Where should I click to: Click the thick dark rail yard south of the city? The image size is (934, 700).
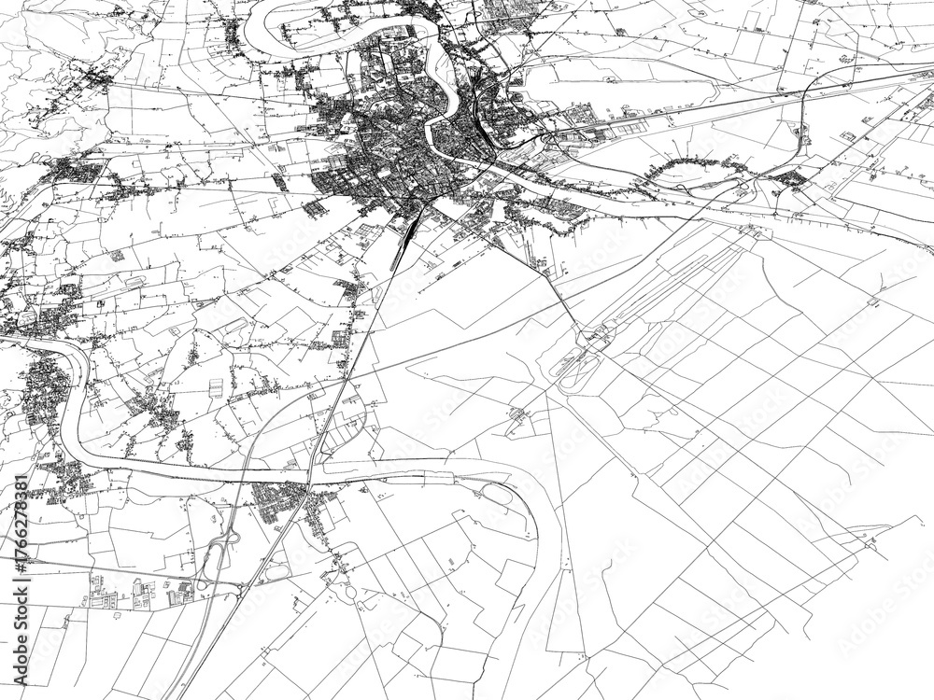pos(408,233)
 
